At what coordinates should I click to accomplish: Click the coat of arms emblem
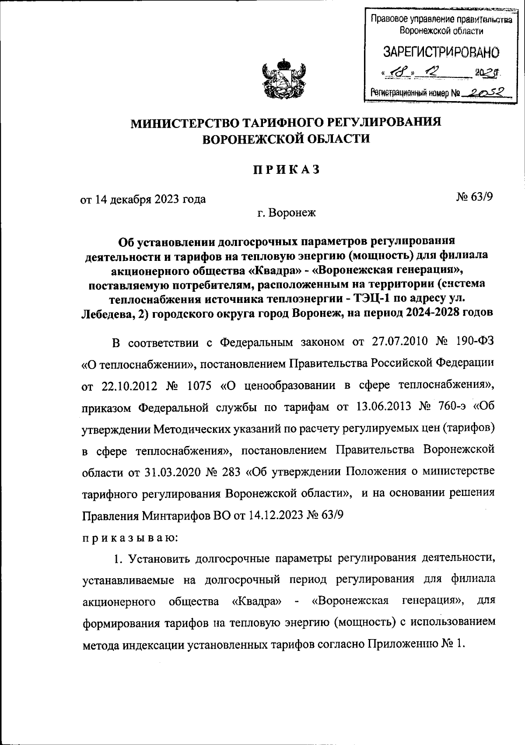point(284,80)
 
